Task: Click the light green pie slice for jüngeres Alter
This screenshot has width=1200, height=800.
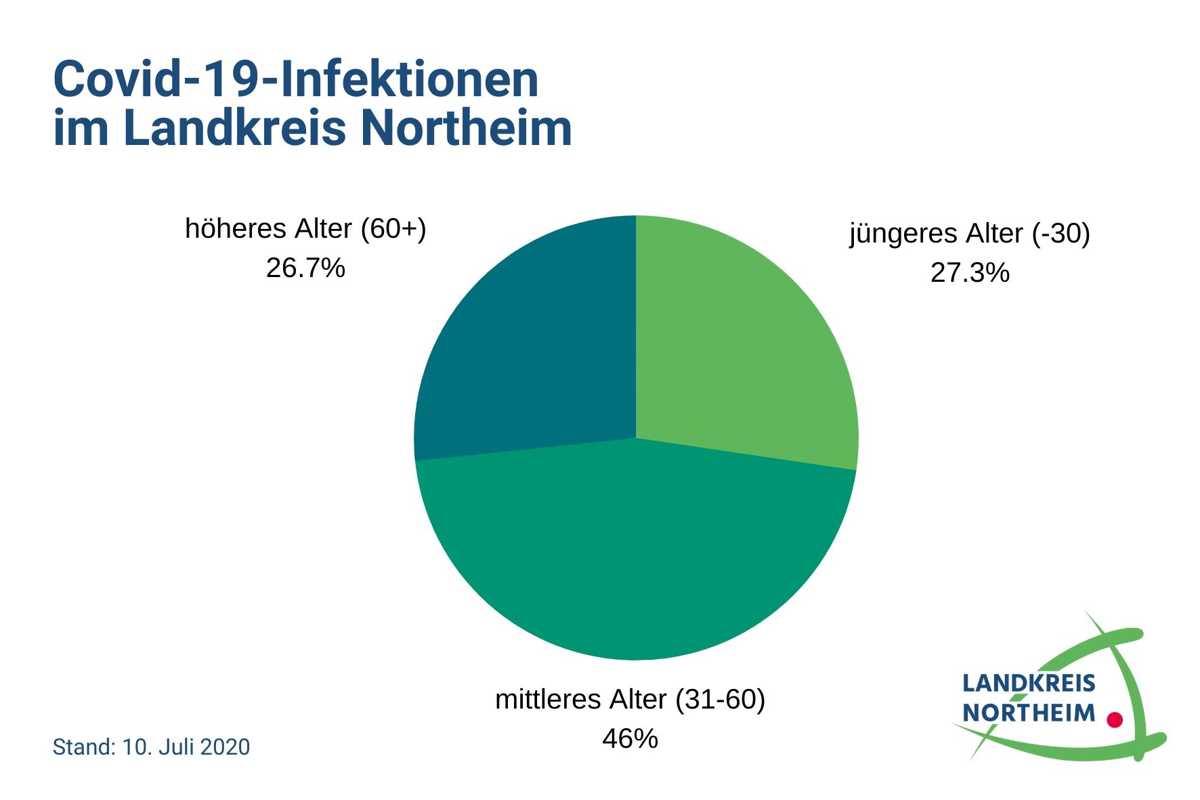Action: [738, 352]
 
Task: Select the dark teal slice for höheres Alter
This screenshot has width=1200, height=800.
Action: [535, 352]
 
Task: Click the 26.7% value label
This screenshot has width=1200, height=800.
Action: [305, 268]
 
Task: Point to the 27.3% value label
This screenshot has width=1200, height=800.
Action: [970, 272]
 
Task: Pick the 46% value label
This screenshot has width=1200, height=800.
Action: [630, 738]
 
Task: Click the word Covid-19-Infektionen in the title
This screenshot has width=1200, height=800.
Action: [296, 80]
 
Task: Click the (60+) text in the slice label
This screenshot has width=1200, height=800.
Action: [393, 229]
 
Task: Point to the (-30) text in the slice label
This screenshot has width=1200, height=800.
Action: [1060, 234]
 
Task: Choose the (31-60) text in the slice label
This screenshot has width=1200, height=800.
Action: [721, 699]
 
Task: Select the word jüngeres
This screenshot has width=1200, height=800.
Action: [893, 234]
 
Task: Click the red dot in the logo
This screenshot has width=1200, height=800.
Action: [1114, 719]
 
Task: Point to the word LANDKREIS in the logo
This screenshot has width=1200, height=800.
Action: [1028, 683]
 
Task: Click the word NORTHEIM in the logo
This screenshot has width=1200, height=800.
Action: [1028, 713]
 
